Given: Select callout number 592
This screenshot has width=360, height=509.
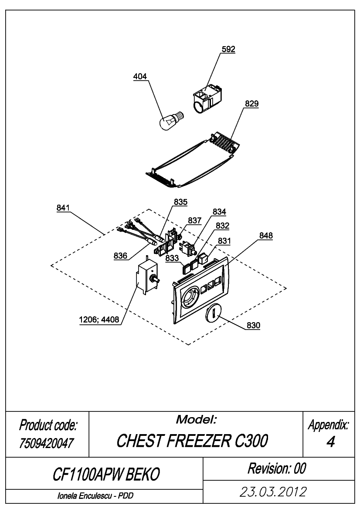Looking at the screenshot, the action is [x=228, y=49].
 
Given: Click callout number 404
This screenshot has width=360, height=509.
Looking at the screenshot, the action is [x=140, y=77].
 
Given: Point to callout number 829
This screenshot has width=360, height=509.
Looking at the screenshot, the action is [x=252, y=104].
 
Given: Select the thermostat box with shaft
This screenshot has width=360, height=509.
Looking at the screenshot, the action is [x=148, y=276].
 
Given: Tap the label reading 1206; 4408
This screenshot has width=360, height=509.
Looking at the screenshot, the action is [x=99, y=320].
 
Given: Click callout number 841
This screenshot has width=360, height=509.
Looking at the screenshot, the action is [x=63, y=208].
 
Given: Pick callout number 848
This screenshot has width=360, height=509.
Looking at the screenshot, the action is [x=266, y=236].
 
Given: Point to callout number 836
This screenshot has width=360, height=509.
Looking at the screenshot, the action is [x=120, y=256].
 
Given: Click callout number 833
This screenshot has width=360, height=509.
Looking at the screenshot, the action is [x=172, y=258].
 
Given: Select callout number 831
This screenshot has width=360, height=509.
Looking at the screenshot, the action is [x=224, y=241].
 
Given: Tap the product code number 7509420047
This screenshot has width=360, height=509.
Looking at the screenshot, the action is [x=47, y=443].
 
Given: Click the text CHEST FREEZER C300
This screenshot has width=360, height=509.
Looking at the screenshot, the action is [x=192, y=441].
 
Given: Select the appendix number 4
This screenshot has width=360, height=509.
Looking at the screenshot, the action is [x=330, y=442].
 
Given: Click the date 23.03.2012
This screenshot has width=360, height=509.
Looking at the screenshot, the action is [x=273, y=492].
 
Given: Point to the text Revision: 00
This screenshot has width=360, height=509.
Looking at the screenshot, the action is [x=277, y=469].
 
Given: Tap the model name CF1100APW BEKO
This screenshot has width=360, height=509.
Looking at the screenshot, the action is [x=106, y=474].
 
